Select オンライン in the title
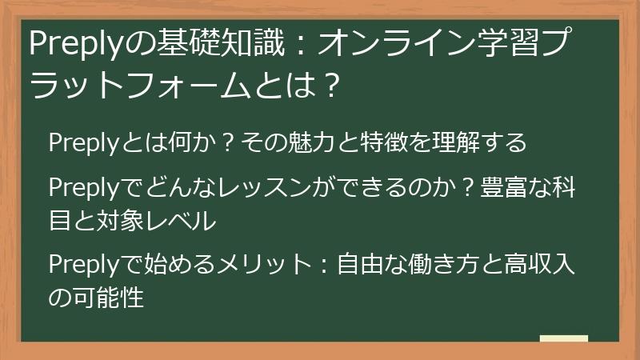pyautogui.click(x=383, y=44)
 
